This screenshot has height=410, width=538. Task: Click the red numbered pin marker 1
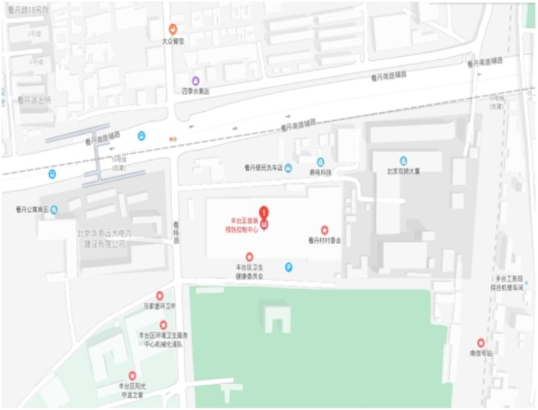pos(263,212)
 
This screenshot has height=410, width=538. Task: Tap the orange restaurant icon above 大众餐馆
pos(173,29)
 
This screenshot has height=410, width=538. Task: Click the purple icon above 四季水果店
pos(196,81)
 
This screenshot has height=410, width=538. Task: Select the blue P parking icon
pos(288,266)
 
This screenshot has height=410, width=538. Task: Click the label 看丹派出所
pos(35,100)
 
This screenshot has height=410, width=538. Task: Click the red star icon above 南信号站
pos(481,342)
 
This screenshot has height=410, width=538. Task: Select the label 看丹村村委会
pos(323,240)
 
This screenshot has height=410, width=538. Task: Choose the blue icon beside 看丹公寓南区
pos(54,209)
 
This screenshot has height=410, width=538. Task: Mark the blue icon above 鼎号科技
pos(320,161)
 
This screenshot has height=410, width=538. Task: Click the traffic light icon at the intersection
pos(172,137)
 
